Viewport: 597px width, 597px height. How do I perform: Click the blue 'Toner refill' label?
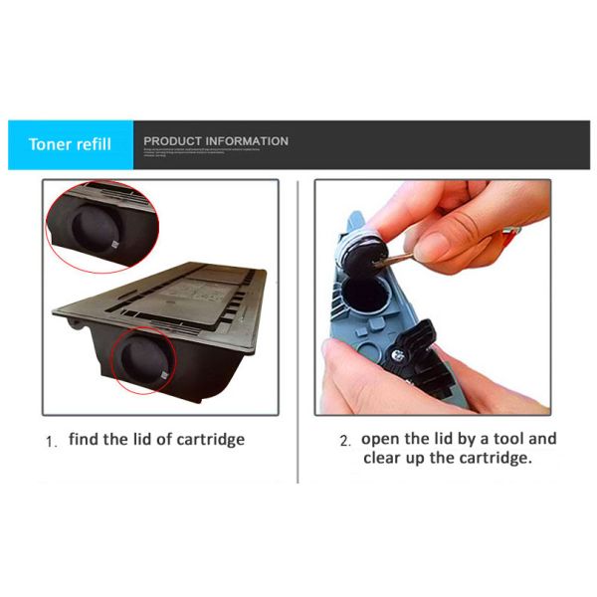[69, 144]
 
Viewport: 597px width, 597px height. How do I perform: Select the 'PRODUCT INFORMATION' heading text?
[216, 141]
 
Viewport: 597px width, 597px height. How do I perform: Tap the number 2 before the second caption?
[345, 441]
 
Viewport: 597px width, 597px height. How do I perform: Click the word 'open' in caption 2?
[381, 440]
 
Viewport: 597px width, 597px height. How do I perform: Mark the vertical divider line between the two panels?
[298, 328]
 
